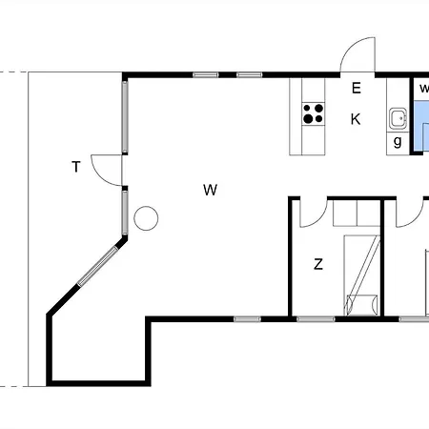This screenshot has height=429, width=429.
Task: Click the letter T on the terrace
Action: click(76, 167)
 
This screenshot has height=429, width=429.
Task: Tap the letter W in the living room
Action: click(210, 190)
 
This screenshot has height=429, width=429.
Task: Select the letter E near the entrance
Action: click(357, 88)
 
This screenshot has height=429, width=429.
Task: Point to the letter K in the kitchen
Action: click(356, 119)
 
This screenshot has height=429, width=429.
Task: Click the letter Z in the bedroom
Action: click(318, 264)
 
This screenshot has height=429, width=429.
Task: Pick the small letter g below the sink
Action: click(398, 142)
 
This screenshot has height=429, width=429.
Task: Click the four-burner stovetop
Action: click(314, 113)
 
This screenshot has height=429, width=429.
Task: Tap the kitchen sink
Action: click(398, 118)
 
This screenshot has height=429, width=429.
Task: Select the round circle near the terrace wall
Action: click(146, 218)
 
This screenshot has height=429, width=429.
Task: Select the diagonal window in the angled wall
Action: click(98, 266)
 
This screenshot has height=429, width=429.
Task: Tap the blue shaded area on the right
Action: click(420, 127)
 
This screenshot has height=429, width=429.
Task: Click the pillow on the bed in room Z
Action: click(361, 305)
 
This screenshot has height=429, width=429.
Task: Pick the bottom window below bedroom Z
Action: click(316, 319)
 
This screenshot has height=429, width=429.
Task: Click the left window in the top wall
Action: click(206, 75)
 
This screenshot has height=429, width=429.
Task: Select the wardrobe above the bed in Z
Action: click(357, 213)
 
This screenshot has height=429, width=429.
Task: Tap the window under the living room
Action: click(247, 319)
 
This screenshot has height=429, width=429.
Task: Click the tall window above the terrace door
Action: click(125, 117)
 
